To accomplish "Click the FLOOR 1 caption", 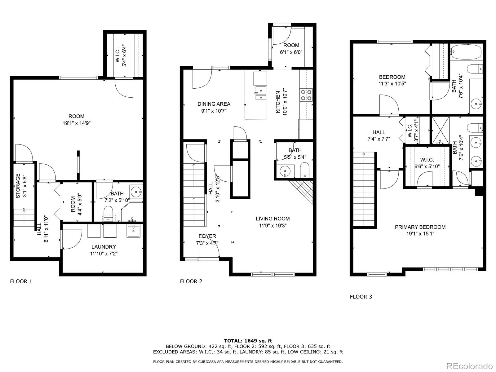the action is click(21, 281).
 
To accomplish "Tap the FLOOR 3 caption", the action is click(361, 297).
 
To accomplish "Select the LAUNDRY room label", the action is click(104, 247).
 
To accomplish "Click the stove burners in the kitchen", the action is click(306, 95).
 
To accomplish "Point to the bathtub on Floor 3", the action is click(466, 52).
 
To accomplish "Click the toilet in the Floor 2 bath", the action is click(305, 170).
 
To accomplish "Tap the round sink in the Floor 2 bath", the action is click(285, 171).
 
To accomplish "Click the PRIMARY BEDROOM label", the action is click(420, 227).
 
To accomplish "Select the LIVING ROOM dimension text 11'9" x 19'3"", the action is click(273, 225).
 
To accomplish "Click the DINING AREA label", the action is click(214, 104).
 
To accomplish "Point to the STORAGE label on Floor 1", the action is click(18, 186).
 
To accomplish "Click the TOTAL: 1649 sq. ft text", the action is click(248, 341).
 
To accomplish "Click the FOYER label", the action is click(207, 236).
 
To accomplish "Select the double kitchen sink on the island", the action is click(261, 93).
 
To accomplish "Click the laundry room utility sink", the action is click(133, 231).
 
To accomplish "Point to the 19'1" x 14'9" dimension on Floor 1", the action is click(77, 123).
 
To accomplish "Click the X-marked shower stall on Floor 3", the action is click(441, 131).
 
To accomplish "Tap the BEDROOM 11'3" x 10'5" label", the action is click(392, 80).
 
